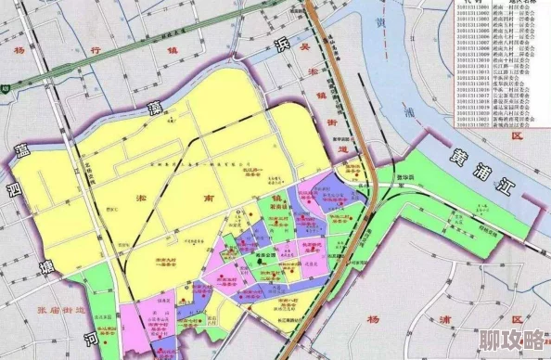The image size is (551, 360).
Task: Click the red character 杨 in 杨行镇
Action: (19, 52)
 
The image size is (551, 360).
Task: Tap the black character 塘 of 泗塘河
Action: (43, 268)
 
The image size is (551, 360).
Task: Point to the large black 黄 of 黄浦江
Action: (455, 157)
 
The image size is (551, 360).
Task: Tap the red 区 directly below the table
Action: (518, 135)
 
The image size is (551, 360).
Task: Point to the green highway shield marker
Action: (6, 89)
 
